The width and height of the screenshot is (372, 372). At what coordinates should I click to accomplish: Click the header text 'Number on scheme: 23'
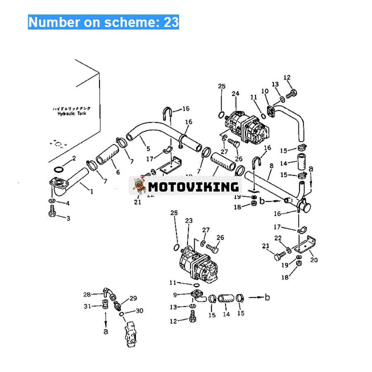103,21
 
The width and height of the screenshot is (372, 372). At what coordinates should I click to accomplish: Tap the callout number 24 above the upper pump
236,94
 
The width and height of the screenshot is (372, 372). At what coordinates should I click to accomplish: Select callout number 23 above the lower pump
188,222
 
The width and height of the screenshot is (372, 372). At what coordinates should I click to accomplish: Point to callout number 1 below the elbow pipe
91,191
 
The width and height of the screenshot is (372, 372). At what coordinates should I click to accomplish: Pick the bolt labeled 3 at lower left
52,215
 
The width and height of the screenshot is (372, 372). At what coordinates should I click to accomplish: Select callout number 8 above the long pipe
271,166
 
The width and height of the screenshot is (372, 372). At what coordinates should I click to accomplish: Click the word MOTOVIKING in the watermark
193,186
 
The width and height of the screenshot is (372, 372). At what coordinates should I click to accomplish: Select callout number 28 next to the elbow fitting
87,294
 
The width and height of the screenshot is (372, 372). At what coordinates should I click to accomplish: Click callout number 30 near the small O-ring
139,311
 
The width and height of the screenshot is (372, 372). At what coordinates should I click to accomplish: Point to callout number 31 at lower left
87,306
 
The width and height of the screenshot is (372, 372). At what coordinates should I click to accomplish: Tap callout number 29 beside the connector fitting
133,298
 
